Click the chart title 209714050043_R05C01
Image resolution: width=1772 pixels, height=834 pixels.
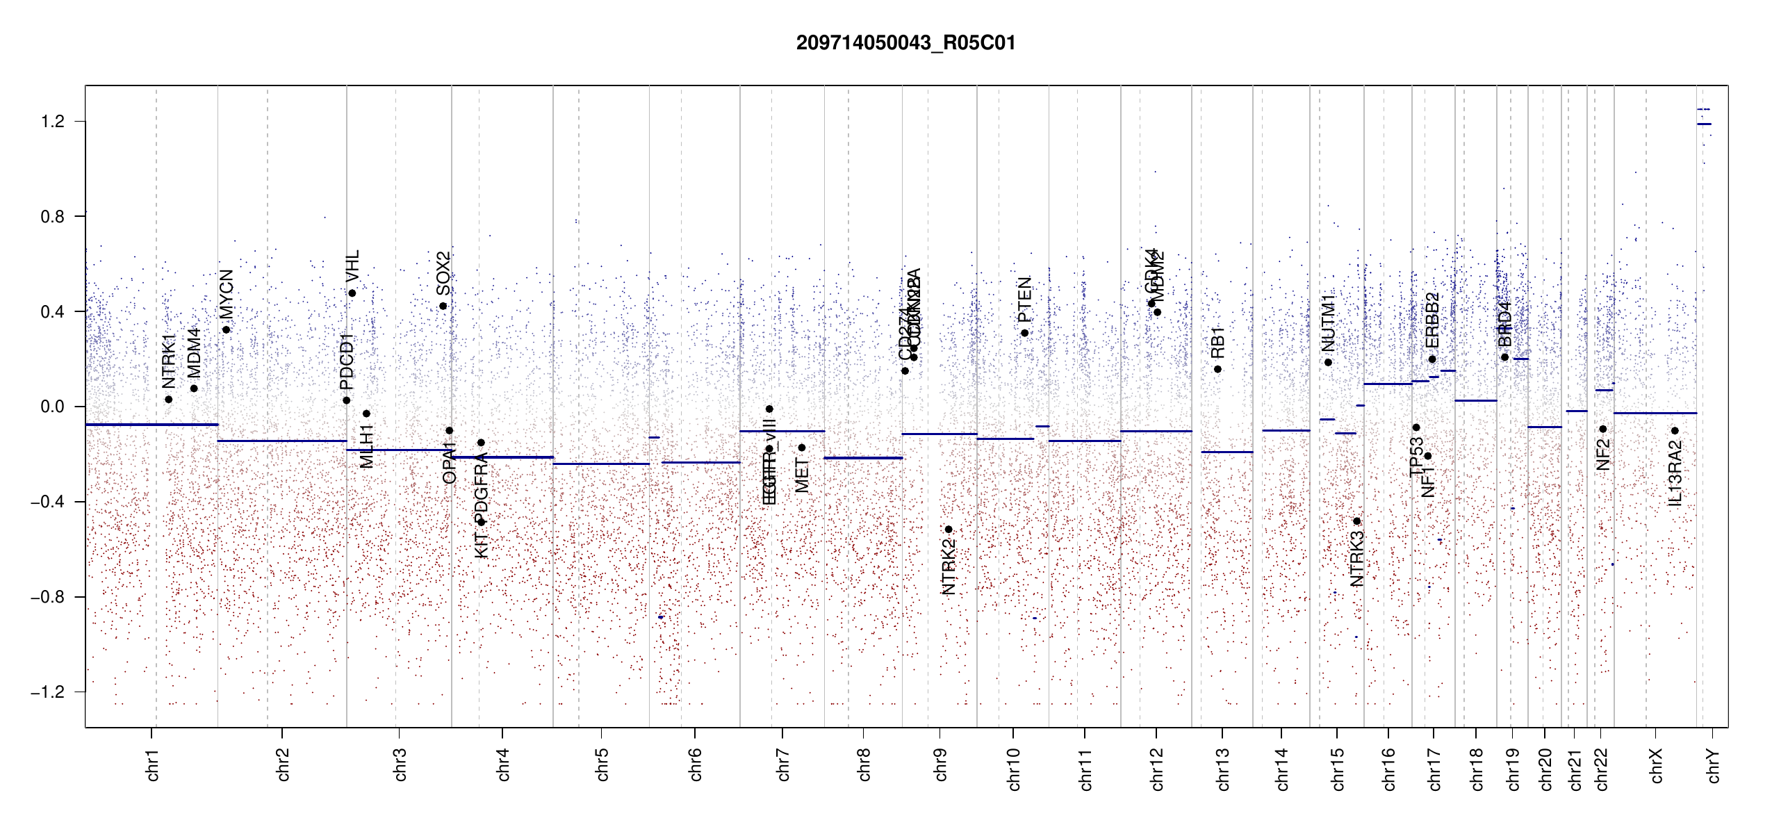905,43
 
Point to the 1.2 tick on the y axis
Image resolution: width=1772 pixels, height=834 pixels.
53,122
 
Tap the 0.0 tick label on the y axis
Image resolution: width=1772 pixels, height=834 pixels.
53,407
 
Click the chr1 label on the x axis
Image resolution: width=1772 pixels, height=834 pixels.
153,764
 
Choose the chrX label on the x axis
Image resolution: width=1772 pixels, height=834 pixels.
1656,765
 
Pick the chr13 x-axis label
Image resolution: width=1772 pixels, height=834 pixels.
1222,769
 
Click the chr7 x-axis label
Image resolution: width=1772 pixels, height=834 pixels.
783,764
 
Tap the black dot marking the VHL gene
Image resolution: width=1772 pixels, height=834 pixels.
352,293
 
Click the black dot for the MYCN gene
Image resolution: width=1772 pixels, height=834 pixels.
227,329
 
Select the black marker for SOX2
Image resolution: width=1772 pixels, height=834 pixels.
443,306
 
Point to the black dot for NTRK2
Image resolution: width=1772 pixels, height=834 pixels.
949,530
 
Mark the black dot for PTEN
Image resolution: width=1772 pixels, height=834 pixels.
1024,333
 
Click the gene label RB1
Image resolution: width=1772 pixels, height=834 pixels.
1217,342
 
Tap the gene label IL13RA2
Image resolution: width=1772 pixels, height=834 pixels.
1675,473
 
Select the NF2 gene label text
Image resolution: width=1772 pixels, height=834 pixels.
1603,455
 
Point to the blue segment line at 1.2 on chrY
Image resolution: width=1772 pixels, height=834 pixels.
1704,124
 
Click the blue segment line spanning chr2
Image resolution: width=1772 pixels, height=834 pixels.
281,441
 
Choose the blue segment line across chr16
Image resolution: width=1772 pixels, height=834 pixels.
1387,384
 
